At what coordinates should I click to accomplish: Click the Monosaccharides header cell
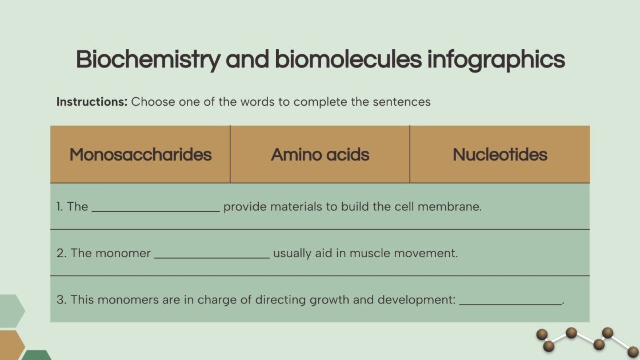coord(141,154)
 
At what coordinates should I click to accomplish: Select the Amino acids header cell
coord(320,154)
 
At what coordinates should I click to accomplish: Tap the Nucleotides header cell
coord(500,154)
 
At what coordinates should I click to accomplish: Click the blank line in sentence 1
coord(155,209)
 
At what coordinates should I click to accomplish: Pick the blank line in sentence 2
coord(212,256)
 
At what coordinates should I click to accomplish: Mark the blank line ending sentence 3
coord(511,303)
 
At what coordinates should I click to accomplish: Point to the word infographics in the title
coord(496,60)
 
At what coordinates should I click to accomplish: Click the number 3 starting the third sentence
coord(60,299)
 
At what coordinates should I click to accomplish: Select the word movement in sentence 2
coord(429,253)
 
